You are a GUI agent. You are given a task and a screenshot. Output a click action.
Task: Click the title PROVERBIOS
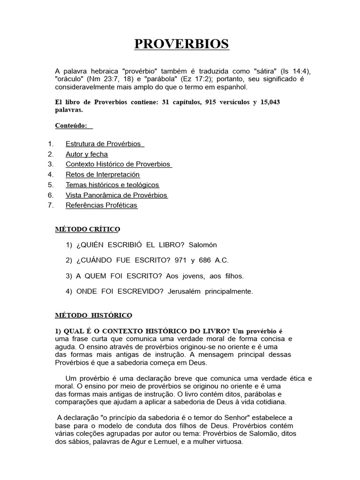click(x=182, y=44)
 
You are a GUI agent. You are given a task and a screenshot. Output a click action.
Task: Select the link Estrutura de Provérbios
click(x=104, y=144)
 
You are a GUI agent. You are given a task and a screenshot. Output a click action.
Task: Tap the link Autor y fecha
click(x=87, y=154)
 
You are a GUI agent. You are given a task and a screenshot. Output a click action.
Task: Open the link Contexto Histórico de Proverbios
click(x=119, y=165)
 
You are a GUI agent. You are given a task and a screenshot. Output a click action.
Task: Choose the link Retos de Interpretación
click(x=103, y=175)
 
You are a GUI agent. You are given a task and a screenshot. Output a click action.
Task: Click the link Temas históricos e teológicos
click(x=112, y=185)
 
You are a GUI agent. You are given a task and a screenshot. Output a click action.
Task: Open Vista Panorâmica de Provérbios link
click(x=117, y=195)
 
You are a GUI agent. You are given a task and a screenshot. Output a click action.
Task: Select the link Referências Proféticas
click(x=102, y=205)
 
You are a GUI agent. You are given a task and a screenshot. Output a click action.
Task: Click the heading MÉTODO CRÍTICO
click(x=88, y=229)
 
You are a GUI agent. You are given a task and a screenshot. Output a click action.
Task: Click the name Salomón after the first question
click(x=204, y=245)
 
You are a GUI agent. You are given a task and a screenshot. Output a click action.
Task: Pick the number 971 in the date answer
click(x=180, y=260)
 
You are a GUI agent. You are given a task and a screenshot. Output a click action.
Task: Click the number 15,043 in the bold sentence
click(x=269, y=102)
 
